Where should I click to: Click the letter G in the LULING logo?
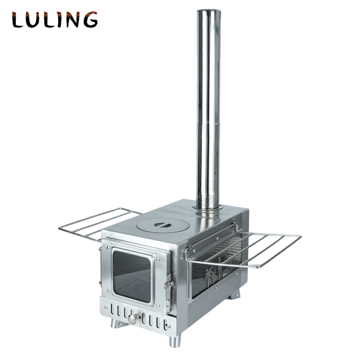(90, 20)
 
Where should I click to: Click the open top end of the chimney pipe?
(208, 11)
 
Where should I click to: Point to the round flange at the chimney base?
(208, 207)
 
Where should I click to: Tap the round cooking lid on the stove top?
(162, 225)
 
